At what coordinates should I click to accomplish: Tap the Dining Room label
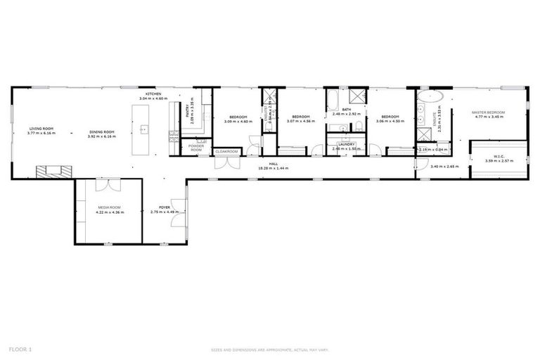coord(101,132)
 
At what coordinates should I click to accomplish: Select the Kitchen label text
coord(154,94)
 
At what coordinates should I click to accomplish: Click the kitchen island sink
coord(143,129)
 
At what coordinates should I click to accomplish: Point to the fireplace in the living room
coord(54,169)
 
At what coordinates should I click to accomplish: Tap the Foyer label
coord(165,207)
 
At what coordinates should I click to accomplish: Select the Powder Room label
coord(196,148)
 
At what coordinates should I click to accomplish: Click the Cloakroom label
coord(226,151)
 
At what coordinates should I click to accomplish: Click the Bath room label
coord(346,110)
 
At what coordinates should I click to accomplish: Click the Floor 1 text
coord(20,349)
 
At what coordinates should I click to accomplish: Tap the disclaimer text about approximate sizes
coord(270,349)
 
